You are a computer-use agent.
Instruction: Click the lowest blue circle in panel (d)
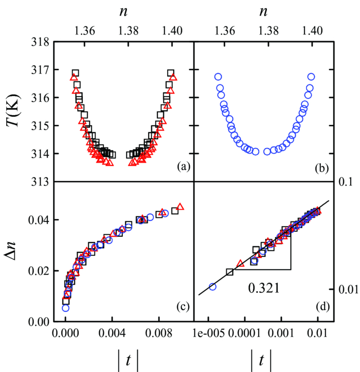pyautogui.click(x=212, y=287)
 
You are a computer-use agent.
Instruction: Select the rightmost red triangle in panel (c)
pyautogui.click(x=180, y=207)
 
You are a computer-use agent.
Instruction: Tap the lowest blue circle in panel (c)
pyautogui.click(x=65, y=308)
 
